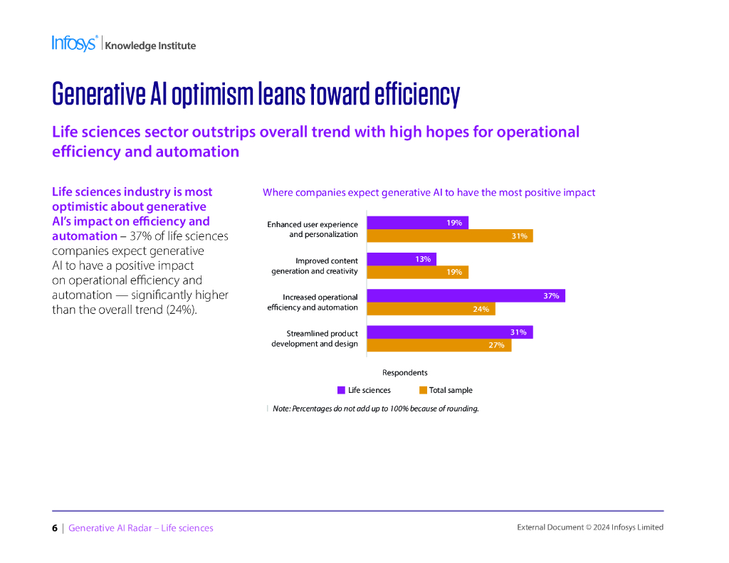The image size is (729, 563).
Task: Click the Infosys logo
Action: click(74, 43)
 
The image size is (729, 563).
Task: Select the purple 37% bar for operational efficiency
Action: click(465, 295)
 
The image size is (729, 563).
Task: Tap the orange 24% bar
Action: click(430, 309)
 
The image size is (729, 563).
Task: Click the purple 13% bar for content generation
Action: click(401, 259)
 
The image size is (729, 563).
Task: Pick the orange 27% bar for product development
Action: click(439, 345)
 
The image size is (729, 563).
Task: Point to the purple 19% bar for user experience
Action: click(416, 223)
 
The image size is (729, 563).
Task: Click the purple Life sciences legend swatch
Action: click(341, 390)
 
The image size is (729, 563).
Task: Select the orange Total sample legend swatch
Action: click(423, 390)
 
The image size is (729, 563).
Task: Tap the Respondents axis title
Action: click(404, 372)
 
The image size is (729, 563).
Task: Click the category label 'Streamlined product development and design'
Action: click(315, 339)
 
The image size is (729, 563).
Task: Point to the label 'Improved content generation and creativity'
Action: click(315, 266)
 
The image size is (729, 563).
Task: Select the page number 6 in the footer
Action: click(55, 528)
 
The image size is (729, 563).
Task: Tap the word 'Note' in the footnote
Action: click(281, 409)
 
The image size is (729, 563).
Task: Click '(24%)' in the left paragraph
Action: click(182, 310)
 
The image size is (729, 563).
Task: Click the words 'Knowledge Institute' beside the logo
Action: click(150, 46)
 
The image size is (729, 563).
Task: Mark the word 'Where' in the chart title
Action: click(278, 192)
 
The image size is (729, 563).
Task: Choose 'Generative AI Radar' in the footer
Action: click(112, 528)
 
